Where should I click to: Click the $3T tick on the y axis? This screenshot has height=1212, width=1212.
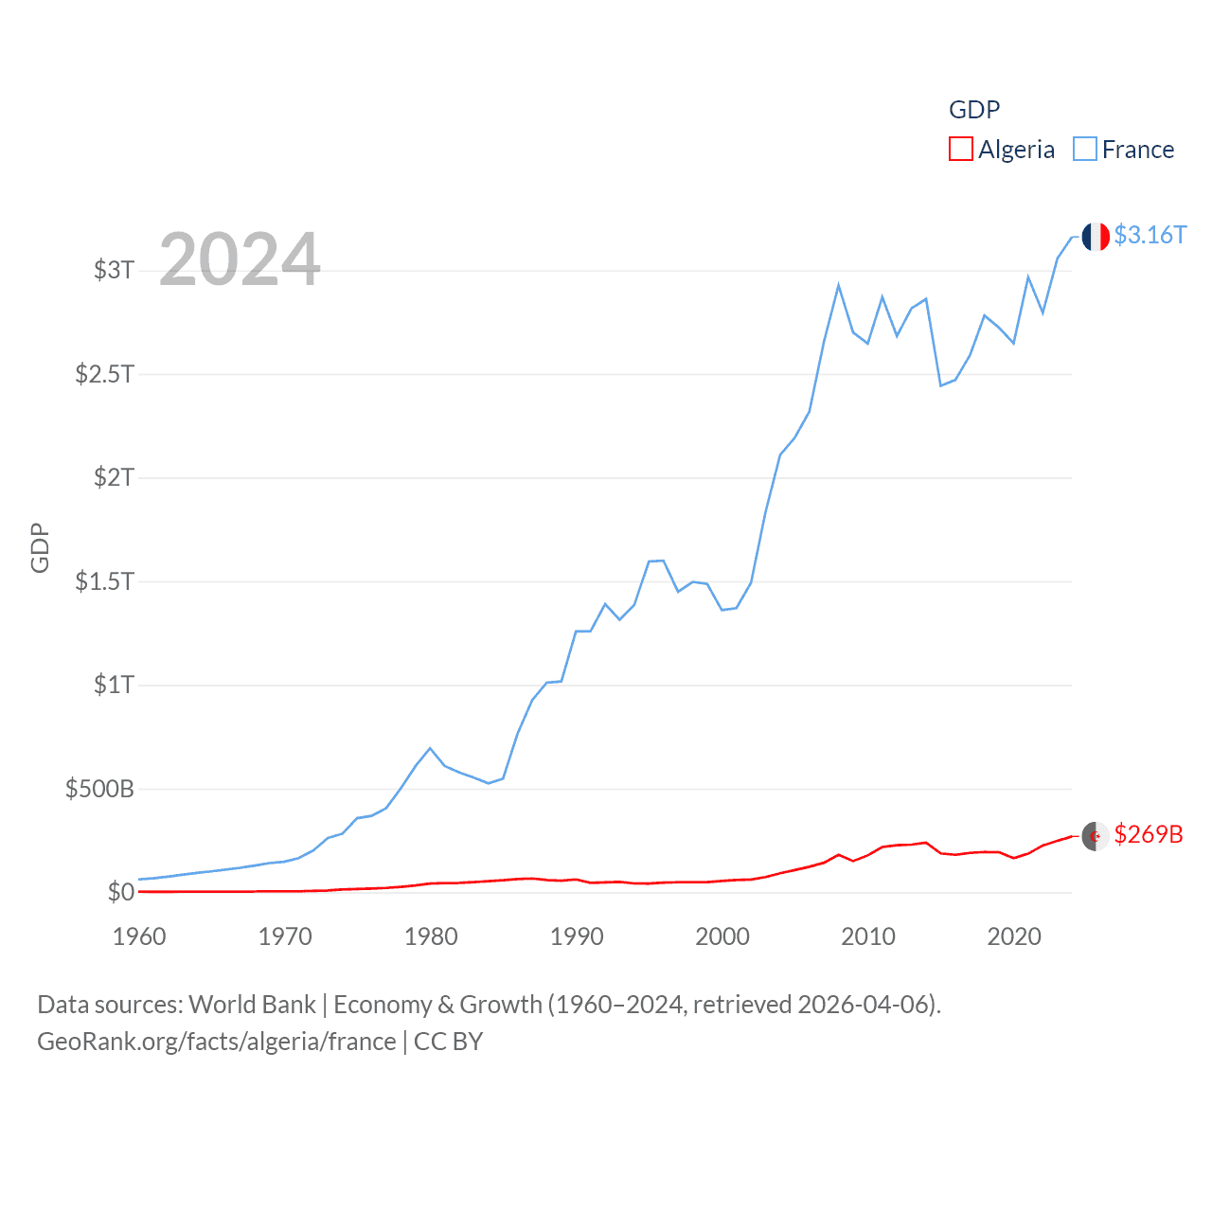click(x=114, y=270)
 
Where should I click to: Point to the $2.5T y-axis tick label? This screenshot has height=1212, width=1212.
click(x=104, y=374)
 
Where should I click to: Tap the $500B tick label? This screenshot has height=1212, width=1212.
click(x=99, y=789)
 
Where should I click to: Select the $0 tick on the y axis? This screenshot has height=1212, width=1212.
click(x=120, y=892)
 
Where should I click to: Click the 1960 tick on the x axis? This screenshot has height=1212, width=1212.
click(x=139, y=936)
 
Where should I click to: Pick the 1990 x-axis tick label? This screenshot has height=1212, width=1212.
click(x=577, y=936)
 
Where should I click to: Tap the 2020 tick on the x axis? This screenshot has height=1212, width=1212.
click(x=1014, y=936)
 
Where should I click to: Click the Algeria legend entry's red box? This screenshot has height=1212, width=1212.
click(x=961, y=150)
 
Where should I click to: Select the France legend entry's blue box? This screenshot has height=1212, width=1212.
click(x=1085, y=150)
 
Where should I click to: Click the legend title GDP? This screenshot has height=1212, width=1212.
click(x=974, y=110)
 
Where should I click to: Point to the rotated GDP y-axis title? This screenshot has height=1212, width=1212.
click(x=40, y=547)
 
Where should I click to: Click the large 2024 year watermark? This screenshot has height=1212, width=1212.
click(x=240, y=259)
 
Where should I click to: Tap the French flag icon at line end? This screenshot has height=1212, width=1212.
click(x=1096, y=237)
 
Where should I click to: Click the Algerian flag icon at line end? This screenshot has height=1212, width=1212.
click(x=1096, y=836)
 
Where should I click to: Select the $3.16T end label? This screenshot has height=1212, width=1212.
click(x=1150, y=235)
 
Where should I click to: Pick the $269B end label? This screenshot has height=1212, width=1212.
click(x=1149, y=834)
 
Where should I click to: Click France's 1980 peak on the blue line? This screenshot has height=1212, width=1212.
click(x=431, y=748)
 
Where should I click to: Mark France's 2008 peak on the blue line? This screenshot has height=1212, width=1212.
click(x=839, y=285)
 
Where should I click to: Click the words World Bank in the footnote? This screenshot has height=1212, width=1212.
click(x=252, y=1004)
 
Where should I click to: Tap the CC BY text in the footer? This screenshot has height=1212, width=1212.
click(x=448, y=1042)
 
